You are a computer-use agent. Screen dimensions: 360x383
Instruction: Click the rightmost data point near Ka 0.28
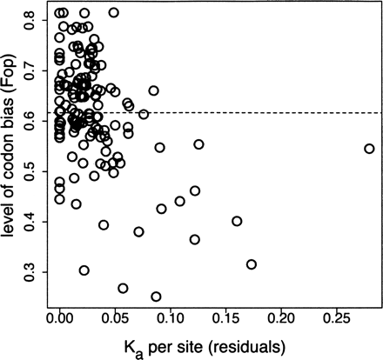coord(369,149)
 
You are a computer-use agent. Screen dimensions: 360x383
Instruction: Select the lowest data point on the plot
coord(156,297)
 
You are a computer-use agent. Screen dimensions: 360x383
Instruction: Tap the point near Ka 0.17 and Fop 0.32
coord(252,264)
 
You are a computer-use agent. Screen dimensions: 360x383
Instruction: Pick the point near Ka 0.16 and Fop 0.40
coord(236,222)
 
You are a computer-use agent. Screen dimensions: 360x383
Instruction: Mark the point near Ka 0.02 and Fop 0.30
coord(84,270)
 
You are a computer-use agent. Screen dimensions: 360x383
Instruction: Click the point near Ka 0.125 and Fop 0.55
coord(198,144)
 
